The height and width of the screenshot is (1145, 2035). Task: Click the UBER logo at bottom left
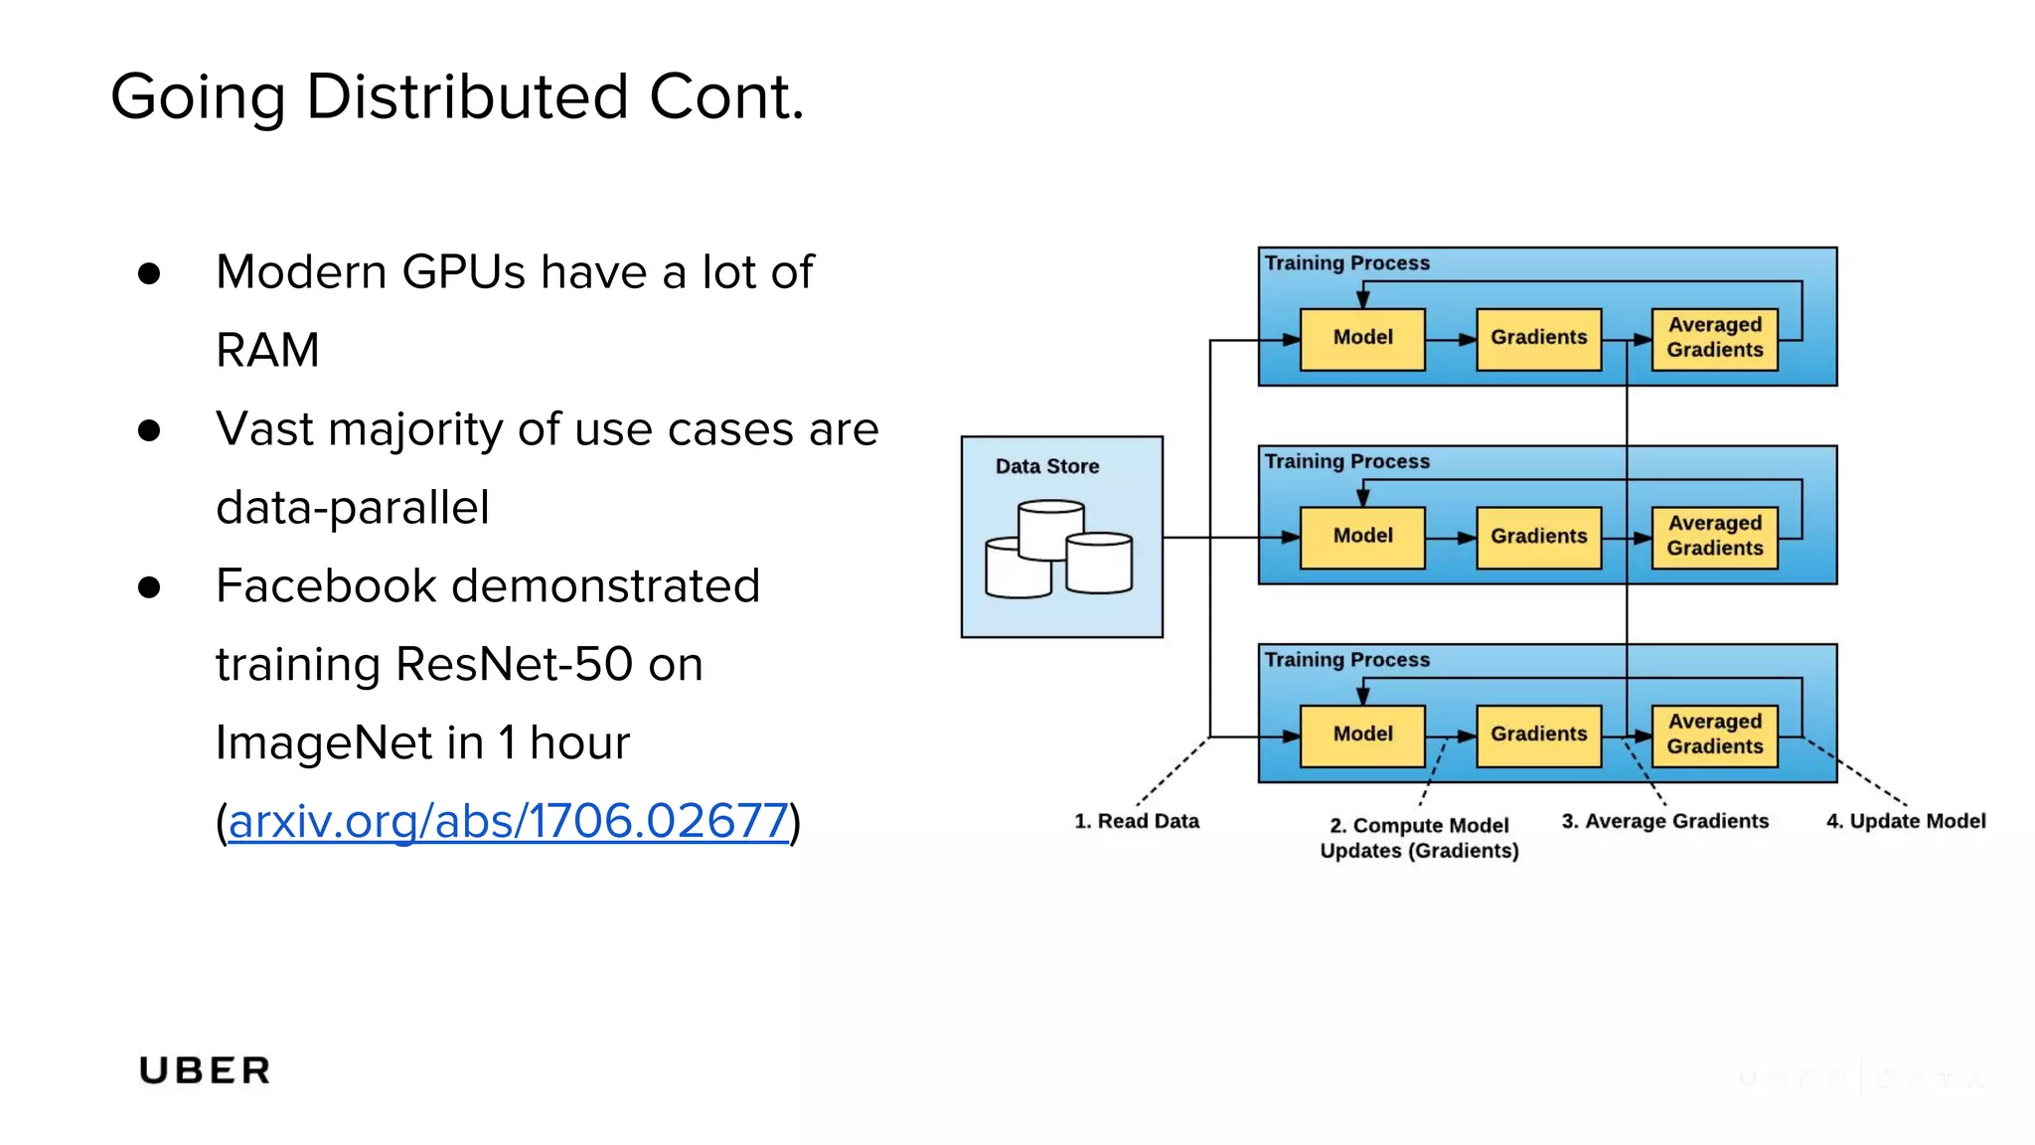point(205,1070)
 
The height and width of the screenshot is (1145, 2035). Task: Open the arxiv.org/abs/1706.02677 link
point(508,821)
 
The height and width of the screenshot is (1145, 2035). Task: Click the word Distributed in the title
point(467,97)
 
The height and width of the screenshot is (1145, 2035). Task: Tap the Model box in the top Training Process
point(1362,338)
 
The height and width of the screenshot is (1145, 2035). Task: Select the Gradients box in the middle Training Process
point(1538,537)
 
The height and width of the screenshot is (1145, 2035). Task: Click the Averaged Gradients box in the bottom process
point(1714,735)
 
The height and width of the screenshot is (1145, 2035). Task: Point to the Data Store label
point(1046,466)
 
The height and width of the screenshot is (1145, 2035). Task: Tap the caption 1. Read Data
point(1136,821)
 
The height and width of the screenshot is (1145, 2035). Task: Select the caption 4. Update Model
point(1905,821)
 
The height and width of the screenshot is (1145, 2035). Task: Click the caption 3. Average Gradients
point(1664,821)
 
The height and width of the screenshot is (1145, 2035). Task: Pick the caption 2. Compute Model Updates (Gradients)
point(1419,838)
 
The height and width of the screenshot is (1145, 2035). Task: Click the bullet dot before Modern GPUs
point(149,273)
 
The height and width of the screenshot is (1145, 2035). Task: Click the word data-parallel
point(353,507)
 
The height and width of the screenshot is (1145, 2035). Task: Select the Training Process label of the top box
point(1346,263)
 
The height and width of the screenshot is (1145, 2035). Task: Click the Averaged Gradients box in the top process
point(1714,338)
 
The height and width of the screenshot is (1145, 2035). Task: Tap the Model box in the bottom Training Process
point(1362,735)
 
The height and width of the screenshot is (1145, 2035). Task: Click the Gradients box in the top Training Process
point(1538,338)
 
